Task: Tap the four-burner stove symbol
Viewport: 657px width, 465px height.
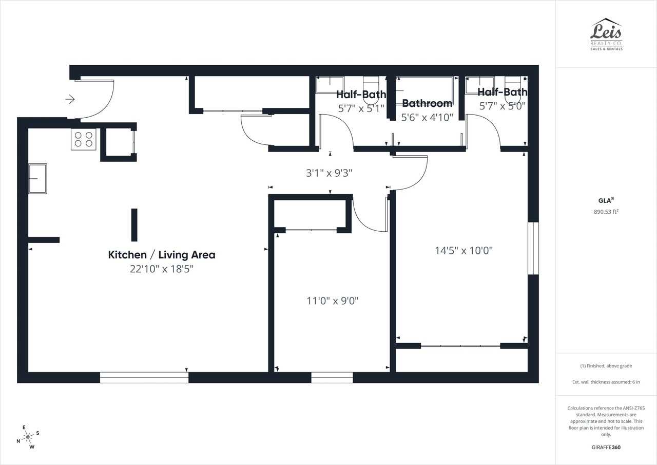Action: pos(84,139)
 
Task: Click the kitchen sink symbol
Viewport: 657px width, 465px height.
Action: pos(37,178)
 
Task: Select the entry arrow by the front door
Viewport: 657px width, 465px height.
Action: pos(70,99)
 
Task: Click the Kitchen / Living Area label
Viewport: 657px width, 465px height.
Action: pos(162,254)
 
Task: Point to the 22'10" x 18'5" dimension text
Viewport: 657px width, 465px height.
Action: pos(162,269)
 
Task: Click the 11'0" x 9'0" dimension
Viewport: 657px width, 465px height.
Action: pos(333,301)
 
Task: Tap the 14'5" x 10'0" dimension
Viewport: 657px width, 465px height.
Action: pos(463,251)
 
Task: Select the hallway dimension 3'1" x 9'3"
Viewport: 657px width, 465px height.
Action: pos(329,173)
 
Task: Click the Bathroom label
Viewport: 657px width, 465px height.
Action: pos(427,103)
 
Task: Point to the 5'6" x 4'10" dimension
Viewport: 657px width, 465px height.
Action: pos(427,118)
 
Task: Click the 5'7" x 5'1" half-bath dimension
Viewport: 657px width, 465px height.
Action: pos(361,108)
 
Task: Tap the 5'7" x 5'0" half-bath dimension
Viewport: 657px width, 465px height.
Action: pos(502,106)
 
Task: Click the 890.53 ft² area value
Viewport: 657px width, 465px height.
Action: pos(606,211)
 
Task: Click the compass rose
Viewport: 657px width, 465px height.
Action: pos(28,437)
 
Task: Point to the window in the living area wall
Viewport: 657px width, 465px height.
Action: pos(144,378)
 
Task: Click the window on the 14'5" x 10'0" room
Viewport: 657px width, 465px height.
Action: pos(533,248)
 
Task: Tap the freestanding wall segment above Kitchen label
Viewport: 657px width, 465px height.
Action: pos(134,225)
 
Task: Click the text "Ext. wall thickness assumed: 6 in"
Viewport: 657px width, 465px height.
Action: pos(606,382)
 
